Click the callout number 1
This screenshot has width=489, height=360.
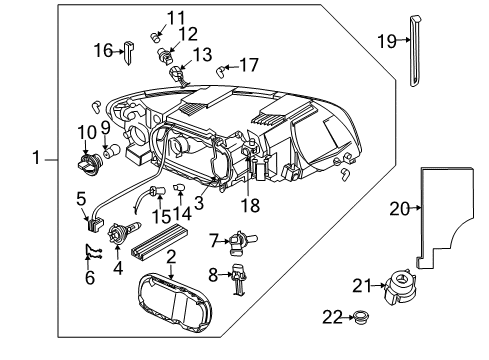point(36,157)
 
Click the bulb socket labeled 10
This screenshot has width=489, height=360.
point(88,159)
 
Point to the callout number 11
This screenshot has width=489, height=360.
point(176,17)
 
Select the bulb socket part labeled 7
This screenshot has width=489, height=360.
point(237,240)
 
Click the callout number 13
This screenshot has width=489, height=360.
point(202,53)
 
